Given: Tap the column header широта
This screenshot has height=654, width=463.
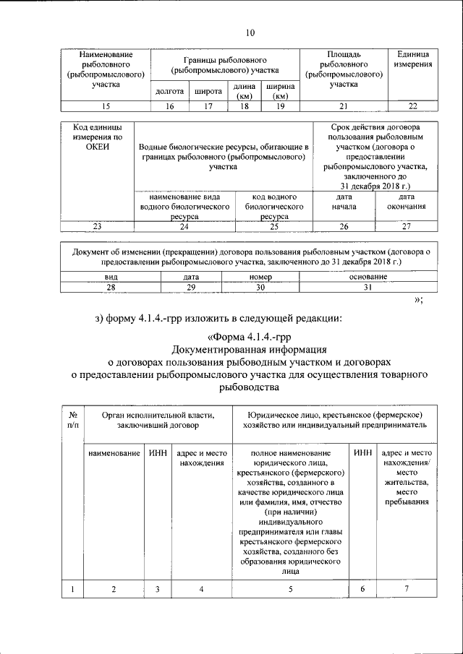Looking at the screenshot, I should click(x=208, y=92).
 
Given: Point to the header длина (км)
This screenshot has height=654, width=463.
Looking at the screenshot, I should click(x=244, y=92).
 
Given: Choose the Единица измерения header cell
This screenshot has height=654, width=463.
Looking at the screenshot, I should click(x=413, y=60).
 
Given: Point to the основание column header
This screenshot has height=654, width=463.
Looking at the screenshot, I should click(x=367, y=277).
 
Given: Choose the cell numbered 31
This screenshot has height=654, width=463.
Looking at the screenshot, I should click(x=367, y=287).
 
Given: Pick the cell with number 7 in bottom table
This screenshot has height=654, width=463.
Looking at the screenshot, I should click(x=407, y=590).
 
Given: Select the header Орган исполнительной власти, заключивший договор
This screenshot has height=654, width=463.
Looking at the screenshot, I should click(x=158, y=420).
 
